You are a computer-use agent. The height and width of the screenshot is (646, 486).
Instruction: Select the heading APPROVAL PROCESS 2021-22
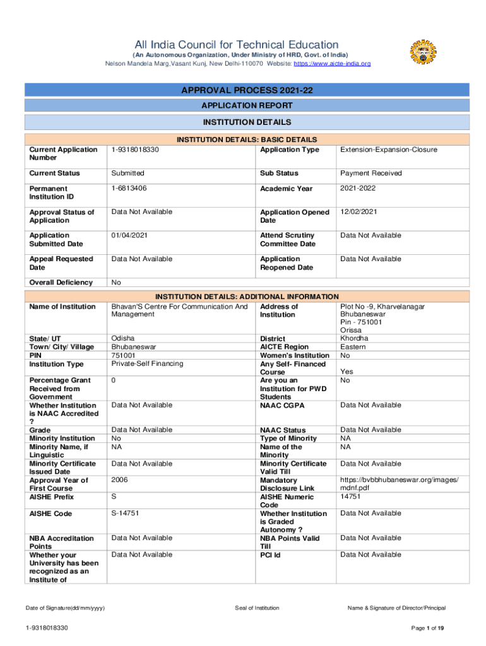247,91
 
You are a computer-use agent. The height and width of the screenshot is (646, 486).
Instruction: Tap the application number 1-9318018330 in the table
135,150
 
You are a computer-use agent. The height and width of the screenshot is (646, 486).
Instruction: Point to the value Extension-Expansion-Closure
389,150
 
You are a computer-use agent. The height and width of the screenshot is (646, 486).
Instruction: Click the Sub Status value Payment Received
372,173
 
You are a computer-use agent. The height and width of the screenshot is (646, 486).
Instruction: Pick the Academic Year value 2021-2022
360,188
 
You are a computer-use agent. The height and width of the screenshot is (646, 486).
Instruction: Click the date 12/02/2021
359,212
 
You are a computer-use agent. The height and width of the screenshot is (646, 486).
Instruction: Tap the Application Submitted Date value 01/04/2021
131,235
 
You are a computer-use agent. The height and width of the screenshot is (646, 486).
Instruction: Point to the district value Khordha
354,338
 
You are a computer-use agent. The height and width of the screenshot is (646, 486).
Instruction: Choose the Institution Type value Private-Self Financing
147,363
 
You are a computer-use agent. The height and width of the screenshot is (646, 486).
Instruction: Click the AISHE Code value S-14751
125,514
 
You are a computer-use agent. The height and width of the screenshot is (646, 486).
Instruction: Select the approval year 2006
119,480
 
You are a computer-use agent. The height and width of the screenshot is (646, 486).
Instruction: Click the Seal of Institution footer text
256,608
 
